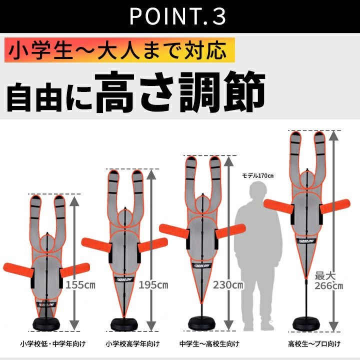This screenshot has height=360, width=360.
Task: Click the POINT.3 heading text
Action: pos(178,16)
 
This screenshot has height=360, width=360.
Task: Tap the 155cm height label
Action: pos(80,285)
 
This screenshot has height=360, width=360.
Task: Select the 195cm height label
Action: pos(153,285)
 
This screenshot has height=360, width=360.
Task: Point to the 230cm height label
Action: pos(228,285)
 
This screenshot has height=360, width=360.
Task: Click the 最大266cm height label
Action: pos(328,281)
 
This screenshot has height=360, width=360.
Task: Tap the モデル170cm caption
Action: pos(258,176)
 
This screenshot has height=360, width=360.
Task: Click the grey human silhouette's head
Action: pos(259,190)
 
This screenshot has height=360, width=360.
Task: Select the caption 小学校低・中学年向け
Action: pos(53,344)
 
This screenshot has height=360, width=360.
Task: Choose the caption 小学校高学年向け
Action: pos(132,344)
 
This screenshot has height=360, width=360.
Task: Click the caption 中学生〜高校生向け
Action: pos(209,344)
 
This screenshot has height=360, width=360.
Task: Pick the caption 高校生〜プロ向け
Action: pos(314,344)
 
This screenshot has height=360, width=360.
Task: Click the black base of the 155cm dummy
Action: pos(46,324)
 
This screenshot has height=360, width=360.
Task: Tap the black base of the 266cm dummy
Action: pos(306,323)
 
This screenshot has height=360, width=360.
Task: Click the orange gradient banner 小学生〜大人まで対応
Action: pos(119,50)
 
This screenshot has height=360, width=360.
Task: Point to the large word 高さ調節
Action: pos(180,92)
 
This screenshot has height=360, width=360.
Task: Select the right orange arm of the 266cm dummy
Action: pos(335,206)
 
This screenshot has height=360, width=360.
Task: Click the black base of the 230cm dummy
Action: pos(202,323)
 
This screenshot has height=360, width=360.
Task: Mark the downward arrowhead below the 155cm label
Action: pos(74,325)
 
